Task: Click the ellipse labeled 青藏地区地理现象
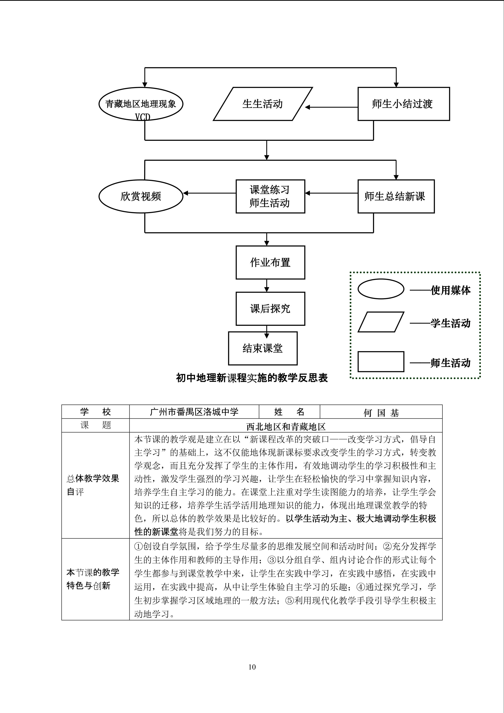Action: click(141, 104)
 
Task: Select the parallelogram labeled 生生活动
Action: click(262, 104)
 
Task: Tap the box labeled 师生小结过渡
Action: click(403, 104)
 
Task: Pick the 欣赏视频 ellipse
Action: click(141, 196)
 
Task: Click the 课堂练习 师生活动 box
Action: click(270, 196)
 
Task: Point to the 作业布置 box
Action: click(270, 262)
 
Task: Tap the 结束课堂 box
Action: click(262, 348)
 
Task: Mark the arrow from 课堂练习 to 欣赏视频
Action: click(210, 193)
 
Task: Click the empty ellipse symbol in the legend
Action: click(381, 289)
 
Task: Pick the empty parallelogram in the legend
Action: click(381, 322)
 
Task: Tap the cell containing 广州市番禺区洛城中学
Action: click(194, 412)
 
